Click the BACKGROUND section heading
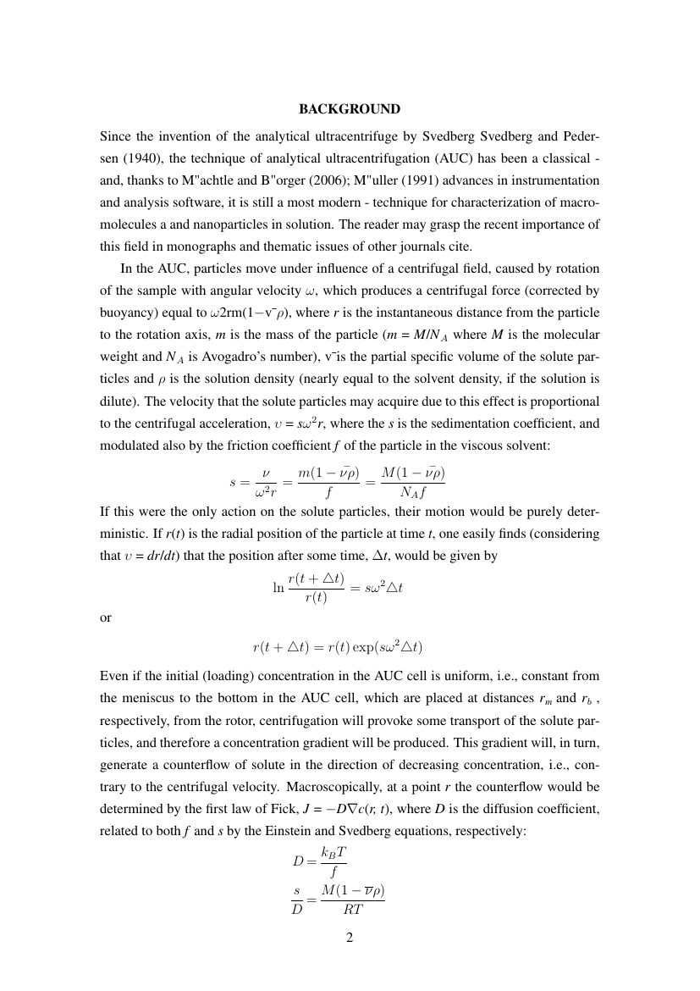pyautogui.click(x=350, y=109)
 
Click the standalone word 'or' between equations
pyautogui.click(x=106, y=617)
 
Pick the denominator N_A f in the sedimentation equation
pyautogui.click(x=413, y=495)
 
